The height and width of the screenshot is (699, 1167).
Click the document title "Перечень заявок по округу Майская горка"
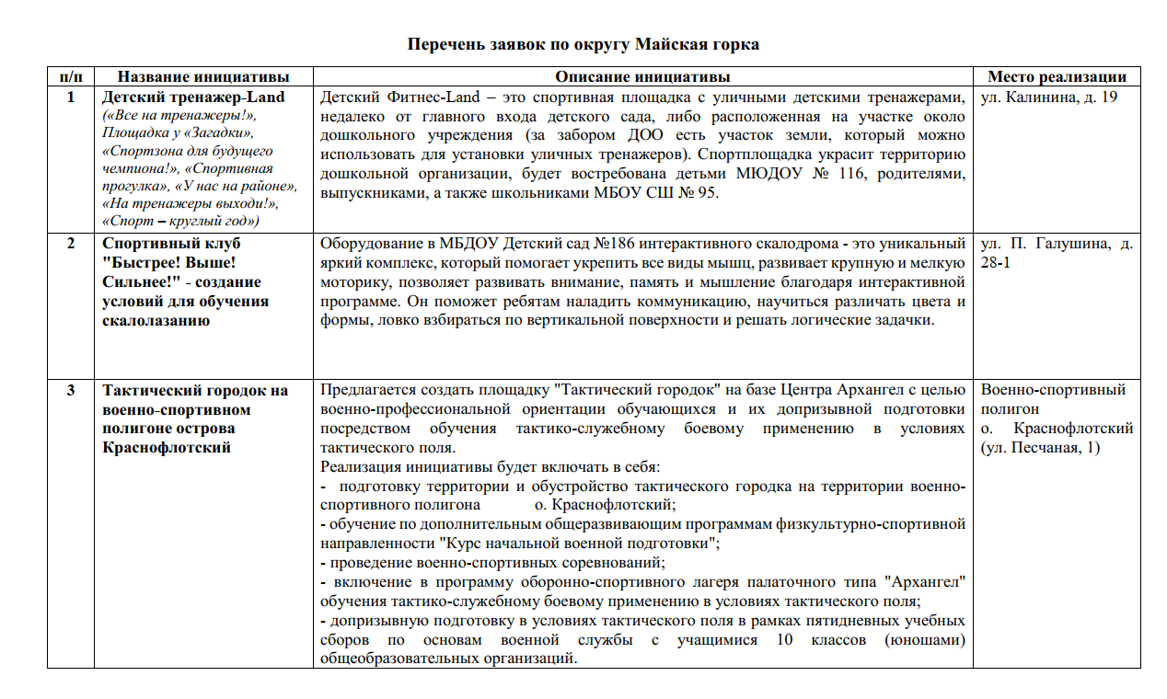point(583,44)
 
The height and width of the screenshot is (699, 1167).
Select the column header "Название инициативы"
point(203,77)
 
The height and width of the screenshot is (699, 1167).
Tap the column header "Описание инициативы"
point(642,77)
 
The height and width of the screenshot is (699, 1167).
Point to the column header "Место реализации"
point(1057,77)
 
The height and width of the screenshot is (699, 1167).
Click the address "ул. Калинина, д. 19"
point(1049,97)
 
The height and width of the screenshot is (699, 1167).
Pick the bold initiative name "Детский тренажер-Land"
point(193,97)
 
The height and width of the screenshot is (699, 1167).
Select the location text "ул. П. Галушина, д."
point(1057,245)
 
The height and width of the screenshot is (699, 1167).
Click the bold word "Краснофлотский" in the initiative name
point(167,447)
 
